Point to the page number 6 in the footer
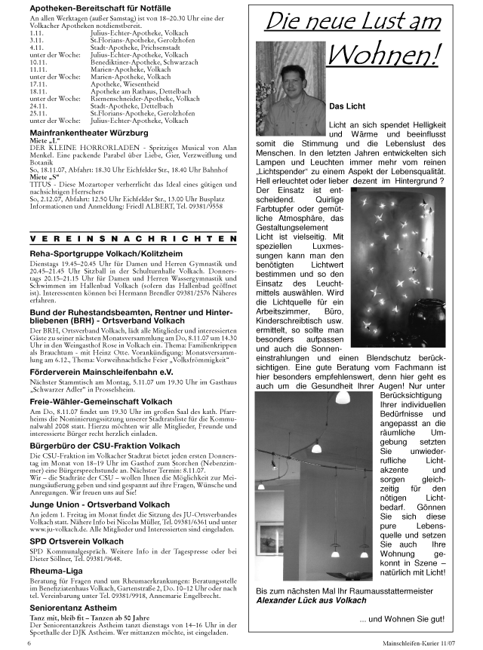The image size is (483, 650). point(29,644)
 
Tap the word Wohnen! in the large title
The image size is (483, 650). point(385,54)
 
